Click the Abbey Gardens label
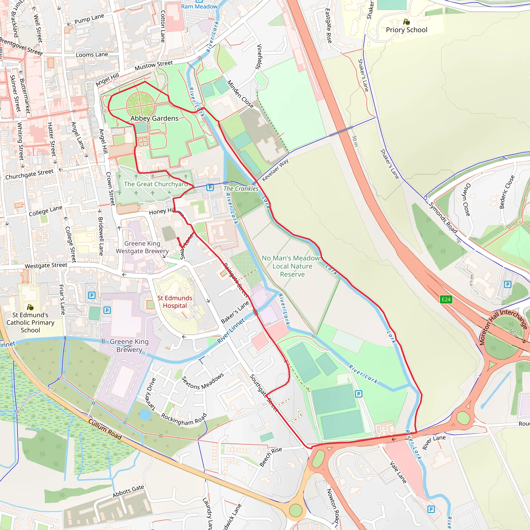pyautogui.click(x=154, y=118)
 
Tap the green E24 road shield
pyautogui.click(x=446, y=299)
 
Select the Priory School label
pyautogui.click(x=406, y=30)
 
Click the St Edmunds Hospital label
pyautogui.click(x=175, y=302)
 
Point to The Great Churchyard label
pyautogui.click(x=156, y=184)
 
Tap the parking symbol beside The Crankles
pyautogui.click(x=210, y=187)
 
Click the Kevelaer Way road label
pyautogui.click(x=275, y=170)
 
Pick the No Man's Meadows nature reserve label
pyautogui.click(x=292, y=266)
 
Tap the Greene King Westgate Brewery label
pyautogui.click(x=142, y=247)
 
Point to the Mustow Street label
pyautogui.click(x=154, y=65)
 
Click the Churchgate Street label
pyautogui.click(x=29, y=174)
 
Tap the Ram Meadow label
pyautogui.click(x=199, y=6)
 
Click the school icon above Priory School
pyautogui.click(x=406, y=22)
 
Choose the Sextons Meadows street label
pyautogui.click(x=202, y=382)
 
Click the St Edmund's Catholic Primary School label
pyautogui.click(x=30, y=322)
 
